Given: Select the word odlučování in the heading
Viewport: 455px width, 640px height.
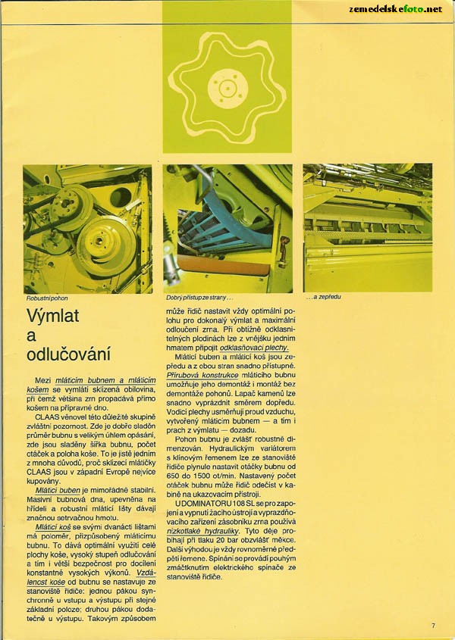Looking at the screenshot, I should point(68,354).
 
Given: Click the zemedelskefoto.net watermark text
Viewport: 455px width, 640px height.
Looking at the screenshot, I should point(395,9).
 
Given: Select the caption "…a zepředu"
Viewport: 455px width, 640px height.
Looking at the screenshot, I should point(322,297).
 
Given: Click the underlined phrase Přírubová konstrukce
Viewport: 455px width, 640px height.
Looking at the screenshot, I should point(200,375).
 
